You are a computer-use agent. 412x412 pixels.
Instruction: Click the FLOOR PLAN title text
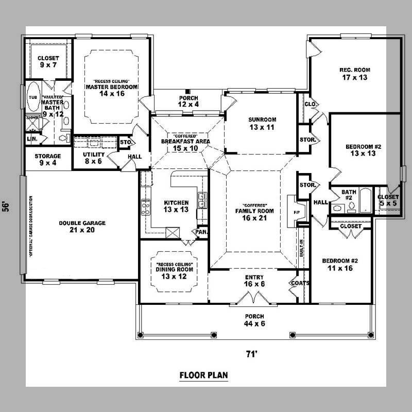click(203, 375)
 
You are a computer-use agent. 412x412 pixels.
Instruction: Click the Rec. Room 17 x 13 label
click(354, 74)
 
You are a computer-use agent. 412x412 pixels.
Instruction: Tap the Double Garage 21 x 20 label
click(82, 227)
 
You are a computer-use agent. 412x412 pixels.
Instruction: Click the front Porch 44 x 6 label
click(254, 319)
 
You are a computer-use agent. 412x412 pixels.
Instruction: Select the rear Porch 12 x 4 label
click(188, 101)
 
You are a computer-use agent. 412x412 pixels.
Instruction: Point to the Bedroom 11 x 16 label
click(339, 264)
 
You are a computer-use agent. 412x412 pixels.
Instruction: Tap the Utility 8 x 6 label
click(94, 158)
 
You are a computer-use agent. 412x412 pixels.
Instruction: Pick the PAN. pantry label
click(201, 232)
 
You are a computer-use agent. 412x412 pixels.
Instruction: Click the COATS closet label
click(300, 283)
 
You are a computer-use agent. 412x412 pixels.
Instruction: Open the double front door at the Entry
click(249, 298)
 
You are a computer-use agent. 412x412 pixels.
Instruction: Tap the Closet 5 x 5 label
click(388, 200)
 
